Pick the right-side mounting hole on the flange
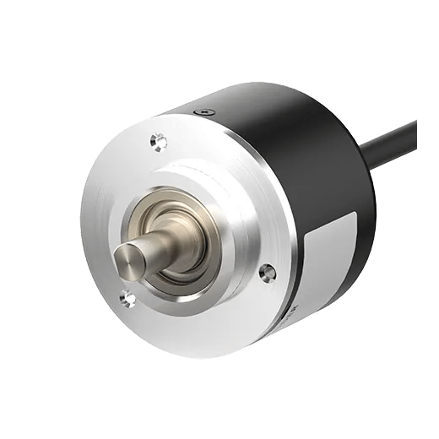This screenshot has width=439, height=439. [268, 272]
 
